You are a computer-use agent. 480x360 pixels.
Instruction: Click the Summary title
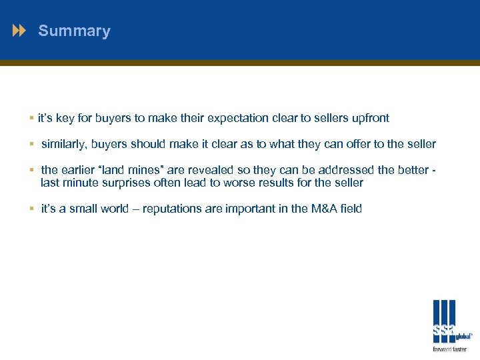click(x=74, y=31)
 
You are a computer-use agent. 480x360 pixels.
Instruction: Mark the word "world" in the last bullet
click(x=113, y=209)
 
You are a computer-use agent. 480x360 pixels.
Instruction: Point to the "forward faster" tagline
click(x=449, y=349)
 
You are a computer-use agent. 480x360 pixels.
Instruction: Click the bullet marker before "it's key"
click(x=32, y=118)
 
